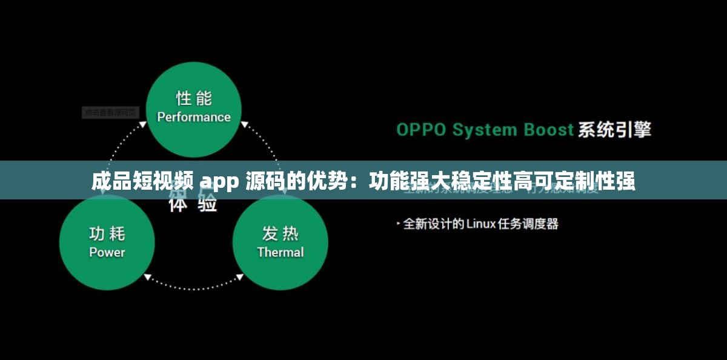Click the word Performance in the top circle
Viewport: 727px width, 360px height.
(x=194, y=117)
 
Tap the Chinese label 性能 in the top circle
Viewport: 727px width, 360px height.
(x=194, y=98)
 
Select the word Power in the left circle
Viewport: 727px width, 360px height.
(x=107, y=252)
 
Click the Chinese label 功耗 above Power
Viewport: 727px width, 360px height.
(x=107, y=233)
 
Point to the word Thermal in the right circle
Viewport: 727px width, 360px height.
(x=281, y=252)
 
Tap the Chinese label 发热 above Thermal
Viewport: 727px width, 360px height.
(x=281, y=233)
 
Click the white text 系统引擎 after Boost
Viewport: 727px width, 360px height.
(x=614, y=130)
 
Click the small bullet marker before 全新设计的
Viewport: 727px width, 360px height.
(x=398, y=224)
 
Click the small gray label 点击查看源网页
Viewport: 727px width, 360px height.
(x=110, y=112)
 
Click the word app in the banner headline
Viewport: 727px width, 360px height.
(x=221, y=181)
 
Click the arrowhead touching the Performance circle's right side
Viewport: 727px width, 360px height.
(x=245, y=125)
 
